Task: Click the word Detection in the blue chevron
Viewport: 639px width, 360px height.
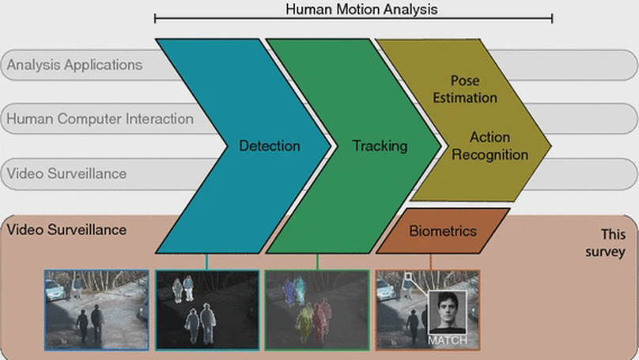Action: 270,146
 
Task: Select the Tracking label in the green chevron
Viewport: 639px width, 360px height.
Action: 380,146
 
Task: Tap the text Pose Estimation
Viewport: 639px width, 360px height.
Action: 464,89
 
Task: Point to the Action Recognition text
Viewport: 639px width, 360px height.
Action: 490,146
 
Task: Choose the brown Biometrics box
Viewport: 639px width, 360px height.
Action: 443,231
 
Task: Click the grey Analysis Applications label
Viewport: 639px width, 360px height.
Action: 74,65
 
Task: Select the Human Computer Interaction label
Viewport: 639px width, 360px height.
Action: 100,119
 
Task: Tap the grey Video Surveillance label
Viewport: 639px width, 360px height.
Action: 66,172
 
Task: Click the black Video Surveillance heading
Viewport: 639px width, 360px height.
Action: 66,229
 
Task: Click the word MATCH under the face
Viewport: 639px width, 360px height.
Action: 448,340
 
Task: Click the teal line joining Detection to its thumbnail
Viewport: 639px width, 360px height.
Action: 206,262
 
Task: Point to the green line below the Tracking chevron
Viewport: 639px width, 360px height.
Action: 317,262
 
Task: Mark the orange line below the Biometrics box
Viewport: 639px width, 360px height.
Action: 430,262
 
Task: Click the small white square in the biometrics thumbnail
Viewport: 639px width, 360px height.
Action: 408,277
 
